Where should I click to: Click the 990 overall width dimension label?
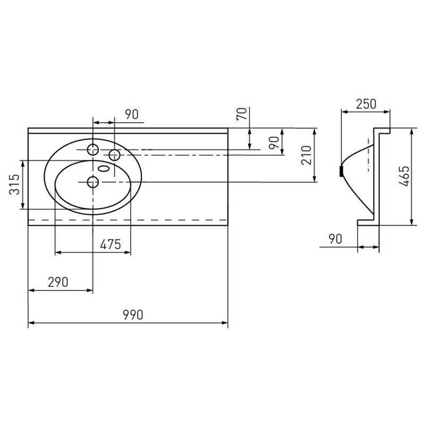133,314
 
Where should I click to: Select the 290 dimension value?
58,282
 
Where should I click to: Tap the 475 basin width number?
110,245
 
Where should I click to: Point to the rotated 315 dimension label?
15,184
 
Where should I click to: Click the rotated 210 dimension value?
307,155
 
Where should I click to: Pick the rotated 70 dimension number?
242,114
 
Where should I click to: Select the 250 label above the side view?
366,104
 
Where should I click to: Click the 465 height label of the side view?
404,176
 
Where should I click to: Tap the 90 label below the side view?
336,239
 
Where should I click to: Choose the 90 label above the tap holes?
132,115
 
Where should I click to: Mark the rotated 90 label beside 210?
274,142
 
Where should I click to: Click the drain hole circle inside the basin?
93,182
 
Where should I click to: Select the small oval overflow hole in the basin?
104,169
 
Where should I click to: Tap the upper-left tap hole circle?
93,150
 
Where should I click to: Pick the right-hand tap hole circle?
114,155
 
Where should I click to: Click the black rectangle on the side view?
342,171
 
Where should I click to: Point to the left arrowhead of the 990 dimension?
31,323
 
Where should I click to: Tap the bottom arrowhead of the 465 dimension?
412,222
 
